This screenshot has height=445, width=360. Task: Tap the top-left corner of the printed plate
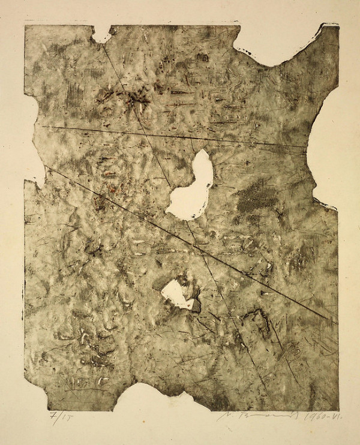pos(25,25)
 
